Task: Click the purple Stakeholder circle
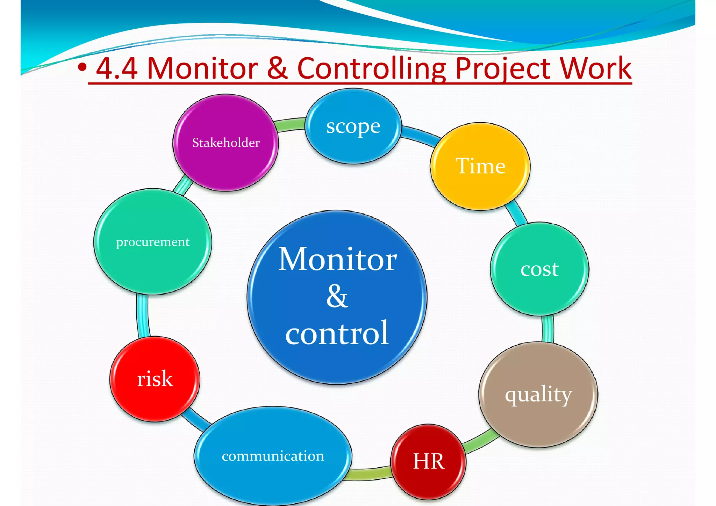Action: [225, 143]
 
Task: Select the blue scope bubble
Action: [353, 127]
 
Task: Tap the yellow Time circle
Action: [480, 166]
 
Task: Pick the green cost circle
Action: [539, 269]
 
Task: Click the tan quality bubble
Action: [538, 395]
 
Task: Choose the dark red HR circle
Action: [428, 461]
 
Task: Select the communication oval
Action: [273, 456]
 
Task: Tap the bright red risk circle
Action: [155, 379]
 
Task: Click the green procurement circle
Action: [152, 242]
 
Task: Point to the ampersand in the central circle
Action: [337, 296]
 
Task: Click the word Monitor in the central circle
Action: [337, 259]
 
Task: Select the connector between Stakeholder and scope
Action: [290, 125]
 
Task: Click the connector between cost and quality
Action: [548, 329]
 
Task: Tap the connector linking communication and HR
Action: [371, 474]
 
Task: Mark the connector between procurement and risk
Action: [143, 316]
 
